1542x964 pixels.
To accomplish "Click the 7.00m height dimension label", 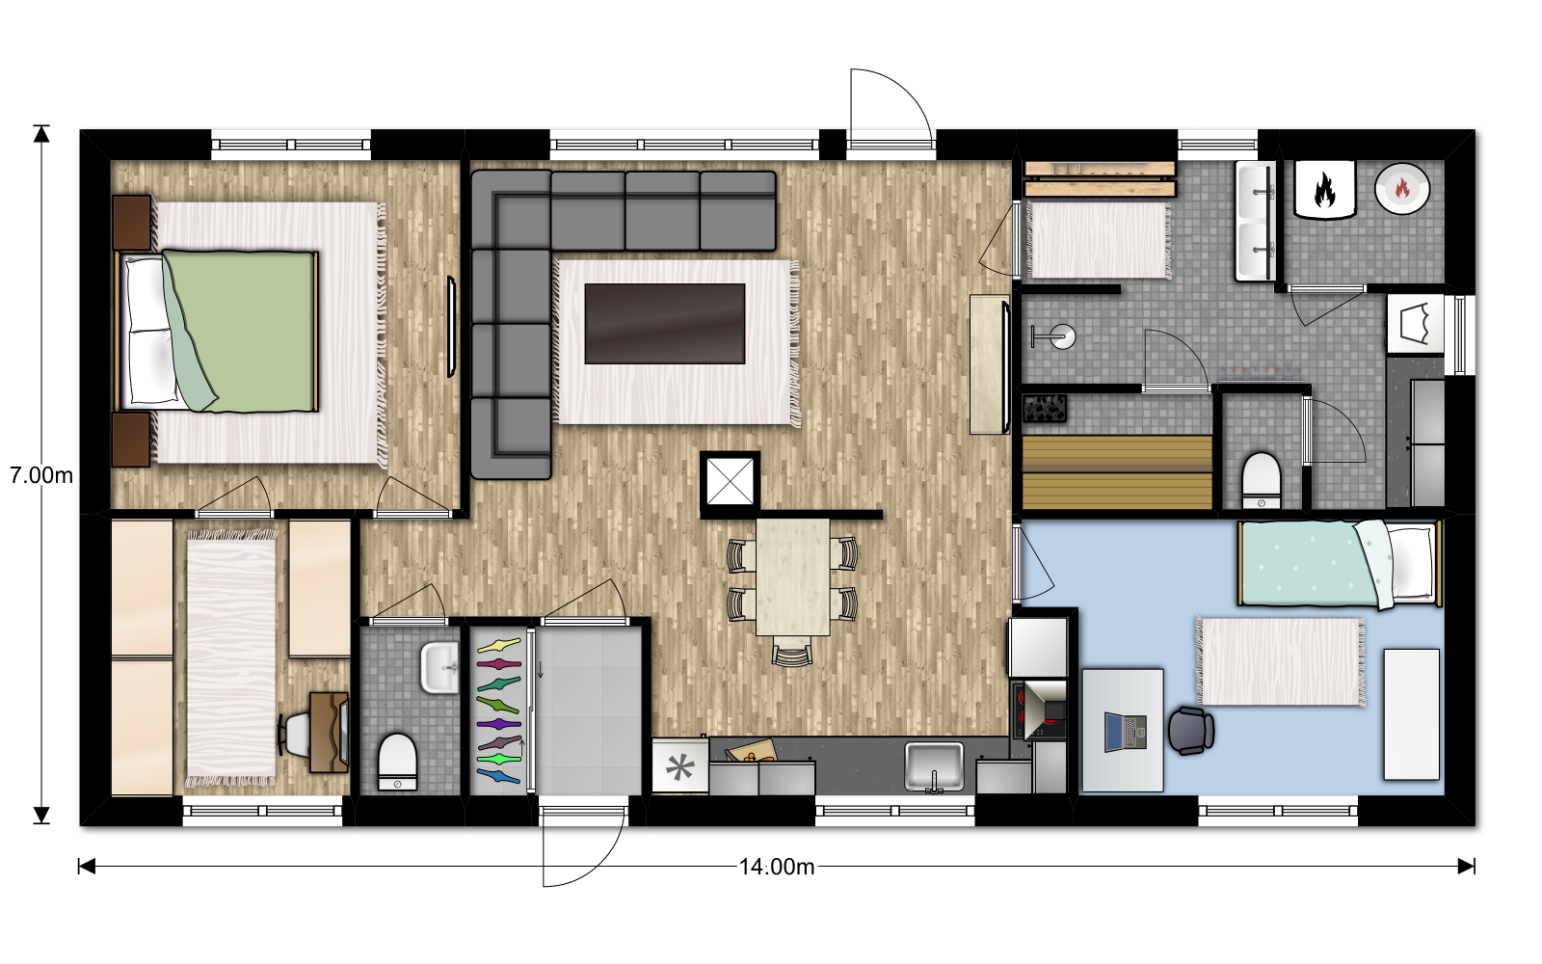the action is point(41,475).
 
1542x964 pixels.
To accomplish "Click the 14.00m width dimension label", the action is point(777,867).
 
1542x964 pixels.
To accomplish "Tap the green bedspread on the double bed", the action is point(241,332).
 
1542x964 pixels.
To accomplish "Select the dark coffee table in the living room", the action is point(665,324).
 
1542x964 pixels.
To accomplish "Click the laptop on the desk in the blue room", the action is point(1126,732).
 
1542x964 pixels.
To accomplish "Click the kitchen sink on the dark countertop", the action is point(934,766).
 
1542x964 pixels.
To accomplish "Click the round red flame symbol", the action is point(1402,188).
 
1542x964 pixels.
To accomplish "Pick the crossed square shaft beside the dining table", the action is point(731,482).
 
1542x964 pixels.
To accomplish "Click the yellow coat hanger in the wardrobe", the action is point(499,646).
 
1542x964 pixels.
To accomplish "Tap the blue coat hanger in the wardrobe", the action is point(498,776).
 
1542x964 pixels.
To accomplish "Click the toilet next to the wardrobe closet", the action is point(398,762).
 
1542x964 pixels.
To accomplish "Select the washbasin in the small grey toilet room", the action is point(439,666).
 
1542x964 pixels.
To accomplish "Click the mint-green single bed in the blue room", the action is point(1339,564).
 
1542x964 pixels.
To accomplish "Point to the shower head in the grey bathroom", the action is point(1054,336).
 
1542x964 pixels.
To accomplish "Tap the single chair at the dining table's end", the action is point(792,652).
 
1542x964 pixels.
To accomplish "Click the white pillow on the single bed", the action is point(1411,563).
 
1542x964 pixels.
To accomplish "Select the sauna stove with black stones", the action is point(1045,409).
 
